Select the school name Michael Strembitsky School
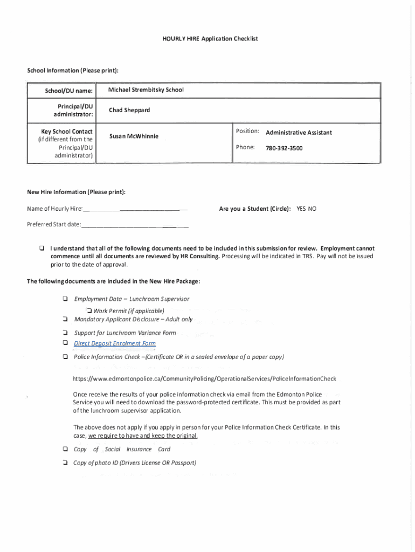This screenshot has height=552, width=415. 146,89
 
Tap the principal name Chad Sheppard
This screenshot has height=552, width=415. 129,110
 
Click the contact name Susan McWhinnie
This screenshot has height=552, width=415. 134,136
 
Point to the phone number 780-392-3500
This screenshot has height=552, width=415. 284,148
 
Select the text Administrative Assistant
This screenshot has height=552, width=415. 299,133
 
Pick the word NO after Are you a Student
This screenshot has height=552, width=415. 312,208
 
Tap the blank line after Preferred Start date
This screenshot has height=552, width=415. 135,225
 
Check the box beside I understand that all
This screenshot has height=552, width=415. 41,249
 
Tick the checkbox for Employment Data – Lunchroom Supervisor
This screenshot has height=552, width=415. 65,299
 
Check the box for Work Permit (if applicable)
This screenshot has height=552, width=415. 89,310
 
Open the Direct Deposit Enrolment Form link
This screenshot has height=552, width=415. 115,343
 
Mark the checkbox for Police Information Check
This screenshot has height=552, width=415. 65,357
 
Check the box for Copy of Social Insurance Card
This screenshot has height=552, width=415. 65,449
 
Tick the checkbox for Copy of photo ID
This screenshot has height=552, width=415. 65,463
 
